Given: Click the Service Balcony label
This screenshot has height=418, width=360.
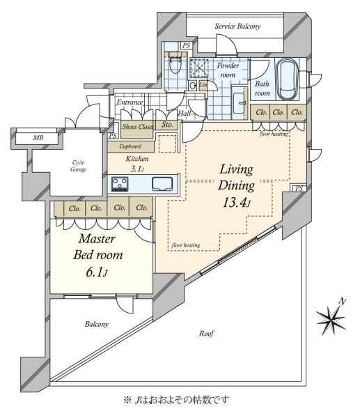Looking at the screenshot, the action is pos(237,26).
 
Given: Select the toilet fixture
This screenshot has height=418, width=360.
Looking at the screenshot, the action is pos(175,65).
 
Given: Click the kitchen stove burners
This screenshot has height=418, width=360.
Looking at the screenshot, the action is pos(120,184).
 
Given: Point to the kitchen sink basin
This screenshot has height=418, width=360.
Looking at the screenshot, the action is pos(162,184).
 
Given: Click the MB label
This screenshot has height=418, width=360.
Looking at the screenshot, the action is pos(38,138).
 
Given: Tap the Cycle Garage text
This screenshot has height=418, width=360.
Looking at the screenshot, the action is pos(79,166).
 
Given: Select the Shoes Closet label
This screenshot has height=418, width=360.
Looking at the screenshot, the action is pos(137,127).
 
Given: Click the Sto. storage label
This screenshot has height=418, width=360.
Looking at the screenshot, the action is pos(167,125).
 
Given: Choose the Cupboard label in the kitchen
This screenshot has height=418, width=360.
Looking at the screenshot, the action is pos(130,146).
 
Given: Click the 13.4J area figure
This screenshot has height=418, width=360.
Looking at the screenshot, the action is pos(236,203).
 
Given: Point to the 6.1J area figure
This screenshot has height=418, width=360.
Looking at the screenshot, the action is pos(97,272).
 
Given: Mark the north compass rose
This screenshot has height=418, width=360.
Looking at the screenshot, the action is pos(331,318).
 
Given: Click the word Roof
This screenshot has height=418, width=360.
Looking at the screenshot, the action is pos(206,333).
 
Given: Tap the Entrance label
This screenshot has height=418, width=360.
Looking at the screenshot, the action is pos(130,102).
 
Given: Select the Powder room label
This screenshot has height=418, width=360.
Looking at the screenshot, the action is pos(228,70).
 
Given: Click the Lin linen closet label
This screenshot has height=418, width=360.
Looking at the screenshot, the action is pos(203,85).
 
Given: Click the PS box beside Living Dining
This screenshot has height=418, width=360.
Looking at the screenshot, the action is pos(299,189).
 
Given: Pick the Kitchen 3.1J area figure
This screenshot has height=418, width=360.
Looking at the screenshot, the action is pos(137,169).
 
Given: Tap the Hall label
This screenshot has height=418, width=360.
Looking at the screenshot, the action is pos(185,114).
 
